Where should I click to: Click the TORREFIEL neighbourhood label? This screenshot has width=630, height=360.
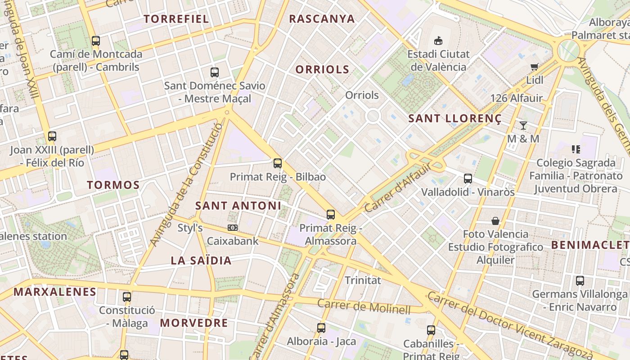pyautogui.click(x=176, y=19)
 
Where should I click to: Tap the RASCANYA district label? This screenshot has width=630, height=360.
pyautogui.click(x=322, y=19)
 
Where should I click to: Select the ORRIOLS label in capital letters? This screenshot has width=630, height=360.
pyautogui.click(x=322, y=69)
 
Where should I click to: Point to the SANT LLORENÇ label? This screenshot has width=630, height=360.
pyautogui.click(x=454, y=119)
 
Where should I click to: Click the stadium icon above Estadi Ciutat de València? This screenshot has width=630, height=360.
pyautogui.click(x=438, y=41)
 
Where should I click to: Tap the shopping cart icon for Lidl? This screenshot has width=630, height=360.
pyautogui.click(x=535, y=67)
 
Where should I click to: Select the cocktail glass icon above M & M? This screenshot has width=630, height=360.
pyautogui.click(x=523, y=125)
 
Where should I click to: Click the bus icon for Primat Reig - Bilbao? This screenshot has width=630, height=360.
pyautogui.click(x=278, y=163)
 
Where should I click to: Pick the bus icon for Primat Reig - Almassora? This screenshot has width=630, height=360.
pyautogui.click(x=331, y=215)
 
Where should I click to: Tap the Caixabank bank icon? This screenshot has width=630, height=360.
pyautogui.click(x=233, y=228)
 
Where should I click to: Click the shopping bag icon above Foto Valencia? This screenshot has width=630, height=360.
pyautogui.click(x=495, y=221)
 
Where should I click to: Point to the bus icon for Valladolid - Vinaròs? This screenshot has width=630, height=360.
pyautogui.click(x=468, y=179)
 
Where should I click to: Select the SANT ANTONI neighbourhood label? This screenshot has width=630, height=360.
pyautogui.click(x=238, y=206)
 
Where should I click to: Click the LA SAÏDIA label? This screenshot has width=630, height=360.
pyautogui.click(x=201, y=261)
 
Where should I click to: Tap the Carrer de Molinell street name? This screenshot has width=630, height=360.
pyautogui.click(x=364, y=306)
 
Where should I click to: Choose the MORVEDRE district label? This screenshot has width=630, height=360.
pyautogui.click(x=194, y=323)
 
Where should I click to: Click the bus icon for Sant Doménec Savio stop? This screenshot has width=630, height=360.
pyautogui.click(x=215, y=72)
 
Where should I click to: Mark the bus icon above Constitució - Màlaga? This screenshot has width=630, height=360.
pyautogui.click(x=127, y=297)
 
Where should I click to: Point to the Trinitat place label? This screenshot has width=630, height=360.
pyautogui.click(x=363, y=280)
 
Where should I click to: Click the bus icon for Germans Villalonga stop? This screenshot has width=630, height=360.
pyautogui.click(x=580, y=281)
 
